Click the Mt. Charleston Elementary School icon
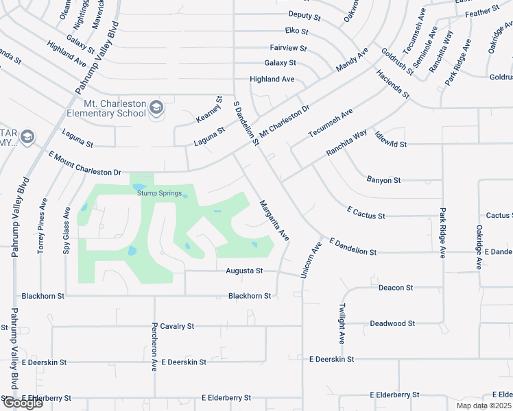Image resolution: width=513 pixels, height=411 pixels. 156,107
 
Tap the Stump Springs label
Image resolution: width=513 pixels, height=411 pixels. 159,193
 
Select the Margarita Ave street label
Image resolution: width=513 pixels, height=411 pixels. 274,219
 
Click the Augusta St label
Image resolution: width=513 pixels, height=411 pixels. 245,271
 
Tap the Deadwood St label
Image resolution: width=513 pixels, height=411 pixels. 392,323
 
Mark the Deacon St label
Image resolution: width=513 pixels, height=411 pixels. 396,288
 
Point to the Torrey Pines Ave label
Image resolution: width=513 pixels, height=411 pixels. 43,226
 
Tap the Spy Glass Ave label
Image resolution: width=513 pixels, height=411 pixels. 67,232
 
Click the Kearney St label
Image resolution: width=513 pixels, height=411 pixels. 211,110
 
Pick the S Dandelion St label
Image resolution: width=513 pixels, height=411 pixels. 246,124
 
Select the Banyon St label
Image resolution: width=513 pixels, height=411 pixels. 383,180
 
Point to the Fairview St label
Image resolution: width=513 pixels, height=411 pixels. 288,49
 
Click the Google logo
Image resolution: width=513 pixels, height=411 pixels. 22,403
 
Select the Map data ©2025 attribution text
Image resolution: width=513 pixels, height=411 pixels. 484,406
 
